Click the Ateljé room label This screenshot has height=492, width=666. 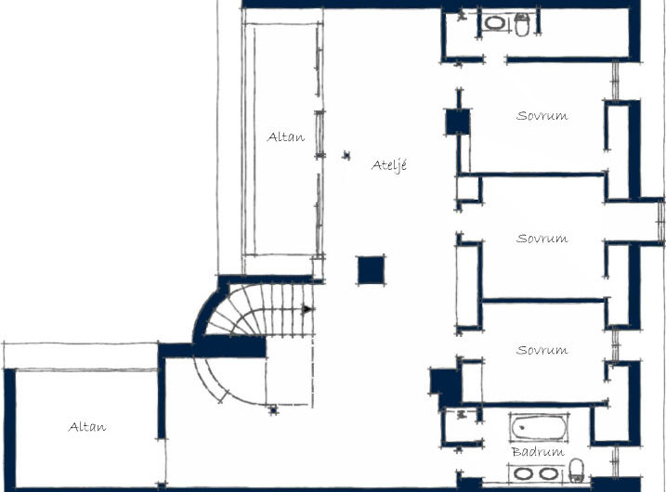click(389, 165)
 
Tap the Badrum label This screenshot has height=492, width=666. click(538, 452)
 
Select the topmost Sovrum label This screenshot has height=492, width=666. click(542, 116)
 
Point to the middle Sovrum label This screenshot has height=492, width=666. click(542, 239)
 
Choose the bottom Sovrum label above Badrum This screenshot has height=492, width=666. click(542, 350)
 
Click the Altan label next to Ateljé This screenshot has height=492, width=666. click(285, 137)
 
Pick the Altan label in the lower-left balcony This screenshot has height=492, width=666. click(87, 427)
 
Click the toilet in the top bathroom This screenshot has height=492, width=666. click(522, 25)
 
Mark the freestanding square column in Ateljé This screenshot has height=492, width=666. click(371, 270)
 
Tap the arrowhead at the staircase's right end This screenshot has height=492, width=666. click(307, 309)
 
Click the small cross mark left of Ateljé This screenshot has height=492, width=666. click(346, 154)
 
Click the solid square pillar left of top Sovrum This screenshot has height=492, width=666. click(457, 122)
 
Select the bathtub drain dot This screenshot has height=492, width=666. click(522, 428)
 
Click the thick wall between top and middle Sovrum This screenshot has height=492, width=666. click(543, 174)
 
